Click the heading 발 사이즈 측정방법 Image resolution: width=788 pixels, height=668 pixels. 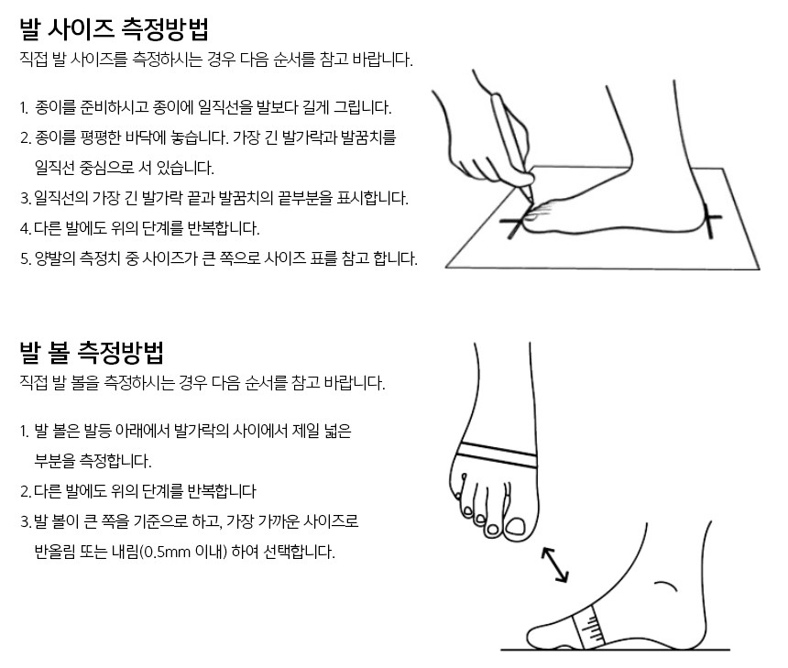(x=115, y=29)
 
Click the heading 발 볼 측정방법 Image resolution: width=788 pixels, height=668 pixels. (x=92, y=353)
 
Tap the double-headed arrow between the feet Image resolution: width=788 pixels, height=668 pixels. (x=555, y=564)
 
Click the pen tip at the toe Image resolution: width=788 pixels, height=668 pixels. (x=531, y=200)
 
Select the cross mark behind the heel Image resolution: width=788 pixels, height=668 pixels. (x=708, y=220)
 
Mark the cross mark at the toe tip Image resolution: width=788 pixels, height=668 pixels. (x=514, y=222)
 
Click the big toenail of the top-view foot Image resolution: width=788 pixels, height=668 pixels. (x=516, y=527)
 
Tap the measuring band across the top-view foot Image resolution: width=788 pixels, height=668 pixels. (x=498, y=454)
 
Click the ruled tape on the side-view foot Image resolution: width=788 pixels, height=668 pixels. (x=588, y=627)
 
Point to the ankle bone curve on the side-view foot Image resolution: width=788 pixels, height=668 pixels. (x=666, y=586)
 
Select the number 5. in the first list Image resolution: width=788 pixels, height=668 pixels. (x=25, y=258)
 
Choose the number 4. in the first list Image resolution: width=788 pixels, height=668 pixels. (x=25, y=229)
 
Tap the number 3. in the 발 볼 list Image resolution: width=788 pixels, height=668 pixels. (x=25, y=521)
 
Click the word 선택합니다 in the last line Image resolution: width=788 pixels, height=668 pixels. (x=299, y=552)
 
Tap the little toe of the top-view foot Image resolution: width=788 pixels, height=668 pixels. (x=459, y=493)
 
